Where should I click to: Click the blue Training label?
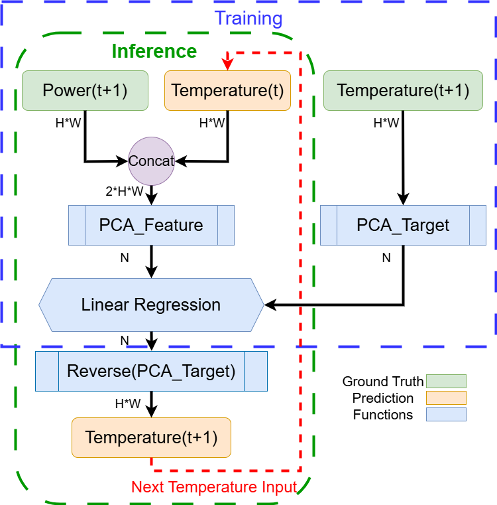pos(248,19)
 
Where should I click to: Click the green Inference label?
pos(154,52)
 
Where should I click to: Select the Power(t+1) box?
pos(85,90)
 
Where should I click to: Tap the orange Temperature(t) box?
pos(227,90)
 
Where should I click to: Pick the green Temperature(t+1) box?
pos(403,90)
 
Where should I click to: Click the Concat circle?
pos(151,161)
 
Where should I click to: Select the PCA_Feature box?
pos(151,226)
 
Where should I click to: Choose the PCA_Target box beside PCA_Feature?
pos(403,226)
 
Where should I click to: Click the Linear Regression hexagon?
pos(151,305)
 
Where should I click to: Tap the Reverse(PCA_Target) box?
pos(151,372)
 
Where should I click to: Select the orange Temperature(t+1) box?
pos(151,438)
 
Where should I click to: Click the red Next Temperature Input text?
pos(214,487)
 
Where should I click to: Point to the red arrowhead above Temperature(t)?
pos(227,64)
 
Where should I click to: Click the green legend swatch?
pos(446,381)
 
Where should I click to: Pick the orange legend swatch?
pos(446,397)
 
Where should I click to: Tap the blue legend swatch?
pos(446,414)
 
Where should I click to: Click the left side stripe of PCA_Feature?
pos(77,226)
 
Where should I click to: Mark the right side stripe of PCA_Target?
pos(478,226)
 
